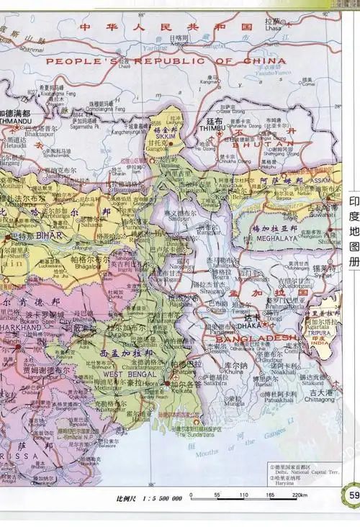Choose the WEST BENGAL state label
click(125, 374)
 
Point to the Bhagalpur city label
click(86, 266)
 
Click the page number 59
click(353, 495)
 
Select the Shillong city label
click(330, 243)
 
